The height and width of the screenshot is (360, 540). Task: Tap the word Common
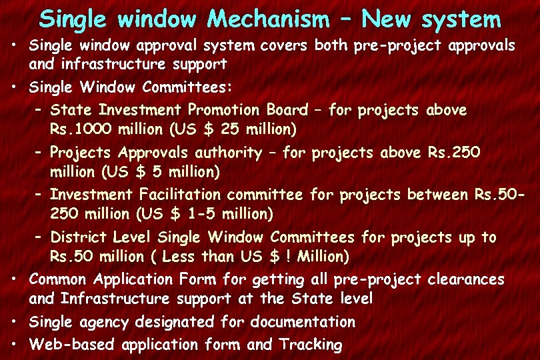pos(61,279)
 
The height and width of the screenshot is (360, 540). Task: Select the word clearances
pos(466,279)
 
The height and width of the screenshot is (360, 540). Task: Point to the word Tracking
pos(311,345)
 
